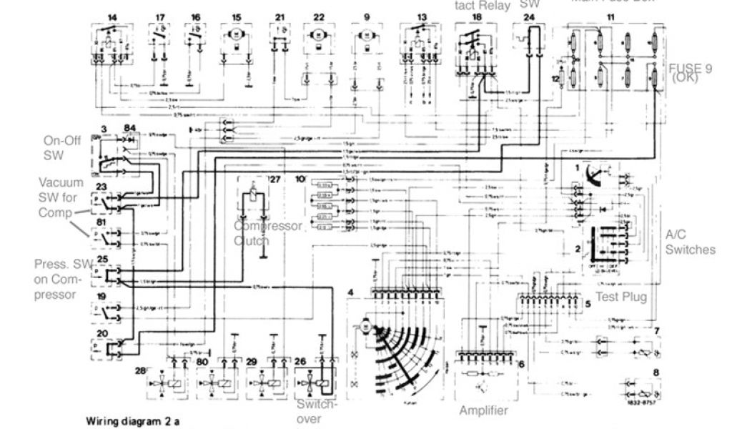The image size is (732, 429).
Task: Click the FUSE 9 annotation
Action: tap(690, 73)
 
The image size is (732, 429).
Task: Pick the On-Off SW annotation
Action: tap(54, 148)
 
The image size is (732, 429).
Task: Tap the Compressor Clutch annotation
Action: tap(268, 233)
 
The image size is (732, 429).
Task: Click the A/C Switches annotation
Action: tap(690, 242)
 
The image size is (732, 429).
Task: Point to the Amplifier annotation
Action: tap(483, 410)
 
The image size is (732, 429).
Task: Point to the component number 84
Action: tap(129, 127)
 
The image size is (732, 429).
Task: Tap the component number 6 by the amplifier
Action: tap(520, 364)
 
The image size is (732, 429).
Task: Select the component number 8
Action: tap(656, 373)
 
